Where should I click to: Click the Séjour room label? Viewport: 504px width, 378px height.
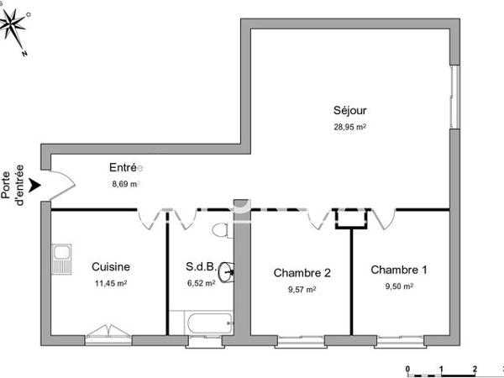tap(349, 110)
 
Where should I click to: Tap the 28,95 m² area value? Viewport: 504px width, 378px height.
tap(349, 127)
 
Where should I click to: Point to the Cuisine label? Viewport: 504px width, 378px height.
tap(110, 267)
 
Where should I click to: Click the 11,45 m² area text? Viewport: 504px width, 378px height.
tap(110, 284)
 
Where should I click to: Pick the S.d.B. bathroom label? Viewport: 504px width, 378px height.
tap(201, 268)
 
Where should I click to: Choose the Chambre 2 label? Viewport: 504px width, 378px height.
tap(302, 273)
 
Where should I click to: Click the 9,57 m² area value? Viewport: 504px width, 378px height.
tap(301, 289)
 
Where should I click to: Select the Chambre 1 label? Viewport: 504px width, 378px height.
tap(399, 270)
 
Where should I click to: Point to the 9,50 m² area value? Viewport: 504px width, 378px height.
tap(398, 286)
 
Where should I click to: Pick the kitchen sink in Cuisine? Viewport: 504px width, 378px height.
tap(60, 260)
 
